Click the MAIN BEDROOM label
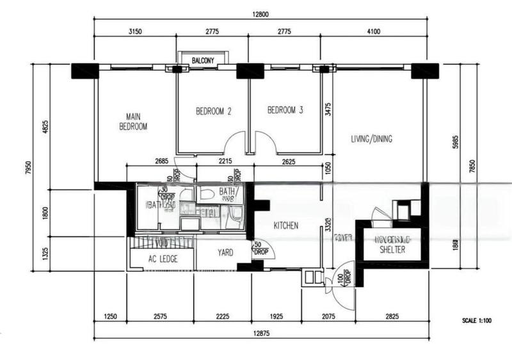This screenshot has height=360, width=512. pyautogui.click(x=133, y=122)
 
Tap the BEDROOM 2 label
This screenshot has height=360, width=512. pyautogui.click(x=213, y=111)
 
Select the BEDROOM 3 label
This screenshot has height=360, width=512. pyautogui.click(x=285, y=111)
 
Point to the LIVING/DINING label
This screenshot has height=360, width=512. pyautogui.click(x=372, y=139)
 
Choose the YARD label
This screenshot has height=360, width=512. pyautogui.click(x=225, y=252)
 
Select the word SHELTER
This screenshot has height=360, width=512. pyautogui.click(x=392, y=250)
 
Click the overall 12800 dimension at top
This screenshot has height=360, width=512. pyautogui.click(x=260, y=14)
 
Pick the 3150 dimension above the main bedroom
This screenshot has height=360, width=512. pyautogui.click(x=134, y=31)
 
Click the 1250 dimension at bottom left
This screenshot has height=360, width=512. pyautogui.click(x=111, y=316)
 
